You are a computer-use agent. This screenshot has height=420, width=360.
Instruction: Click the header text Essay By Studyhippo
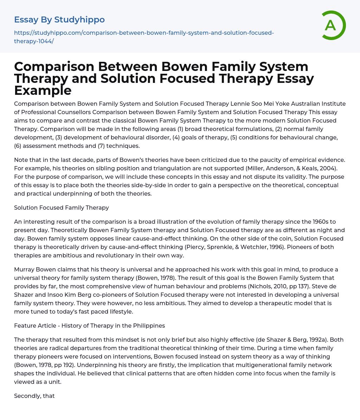point(59,20)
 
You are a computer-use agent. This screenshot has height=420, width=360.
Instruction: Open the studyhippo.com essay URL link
point(144,37)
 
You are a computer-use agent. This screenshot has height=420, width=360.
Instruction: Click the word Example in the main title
point(43,91)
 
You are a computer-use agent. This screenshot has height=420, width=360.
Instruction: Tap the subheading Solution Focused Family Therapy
point(62,208)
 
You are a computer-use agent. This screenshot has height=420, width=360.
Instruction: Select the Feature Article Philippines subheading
point(89,326)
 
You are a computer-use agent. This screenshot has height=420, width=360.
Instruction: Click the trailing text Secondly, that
point(34,396)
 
